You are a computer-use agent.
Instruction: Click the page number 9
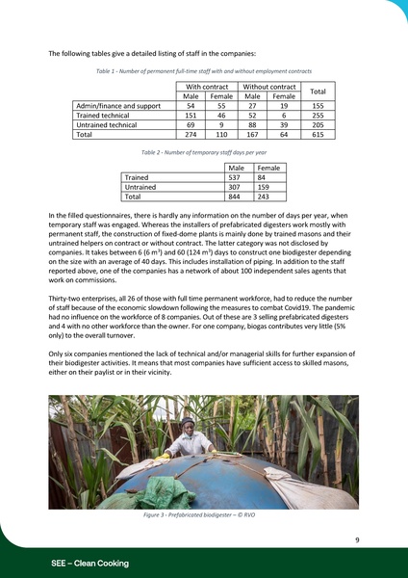pos(356,540)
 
